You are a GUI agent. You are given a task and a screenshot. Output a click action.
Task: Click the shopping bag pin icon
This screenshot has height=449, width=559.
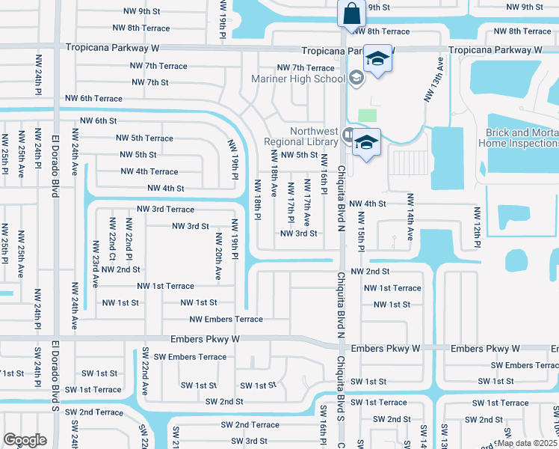click(350, 13)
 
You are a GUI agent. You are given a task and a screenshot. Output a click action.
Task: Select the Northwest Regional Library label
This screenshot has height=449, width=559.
click(302, 135)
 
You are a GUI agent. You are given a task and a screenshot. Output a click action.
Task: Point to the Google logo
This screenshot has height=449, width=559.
click(24, 440)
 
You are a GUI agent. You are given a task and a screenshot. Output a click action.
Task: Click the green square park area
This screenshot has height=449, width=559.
click(367, 115)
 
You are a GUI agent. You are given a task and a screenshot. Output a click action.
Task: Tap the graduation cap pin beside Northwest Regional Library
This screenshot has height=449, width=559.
click(366, 142)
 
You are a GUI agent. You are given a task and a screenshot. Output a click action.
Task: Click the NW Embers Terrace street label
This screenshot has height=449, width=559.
click(226, 320)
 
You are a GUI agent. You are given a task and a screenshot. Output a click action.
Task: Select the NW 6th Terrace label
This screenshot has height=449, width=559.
click(93, 99)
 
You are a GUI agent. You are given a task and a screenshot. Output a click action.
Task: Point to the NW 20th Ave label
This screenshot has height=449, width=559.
click(218, 257)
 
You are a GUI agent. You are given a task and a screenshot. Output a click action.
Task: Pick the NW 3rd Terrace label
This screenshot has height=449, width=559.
click(165, 210)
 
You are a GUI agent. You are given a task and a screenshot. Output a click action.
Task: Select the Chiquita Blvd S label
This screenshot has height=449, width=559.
click(339, 382)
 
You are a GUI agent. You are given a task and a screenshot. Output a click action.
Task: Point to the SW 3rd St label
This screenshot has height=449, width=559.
click(240, 442)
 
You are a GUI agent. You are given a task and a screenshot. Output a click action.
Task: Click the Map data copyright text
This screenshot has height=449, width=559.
click(527, 443)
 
